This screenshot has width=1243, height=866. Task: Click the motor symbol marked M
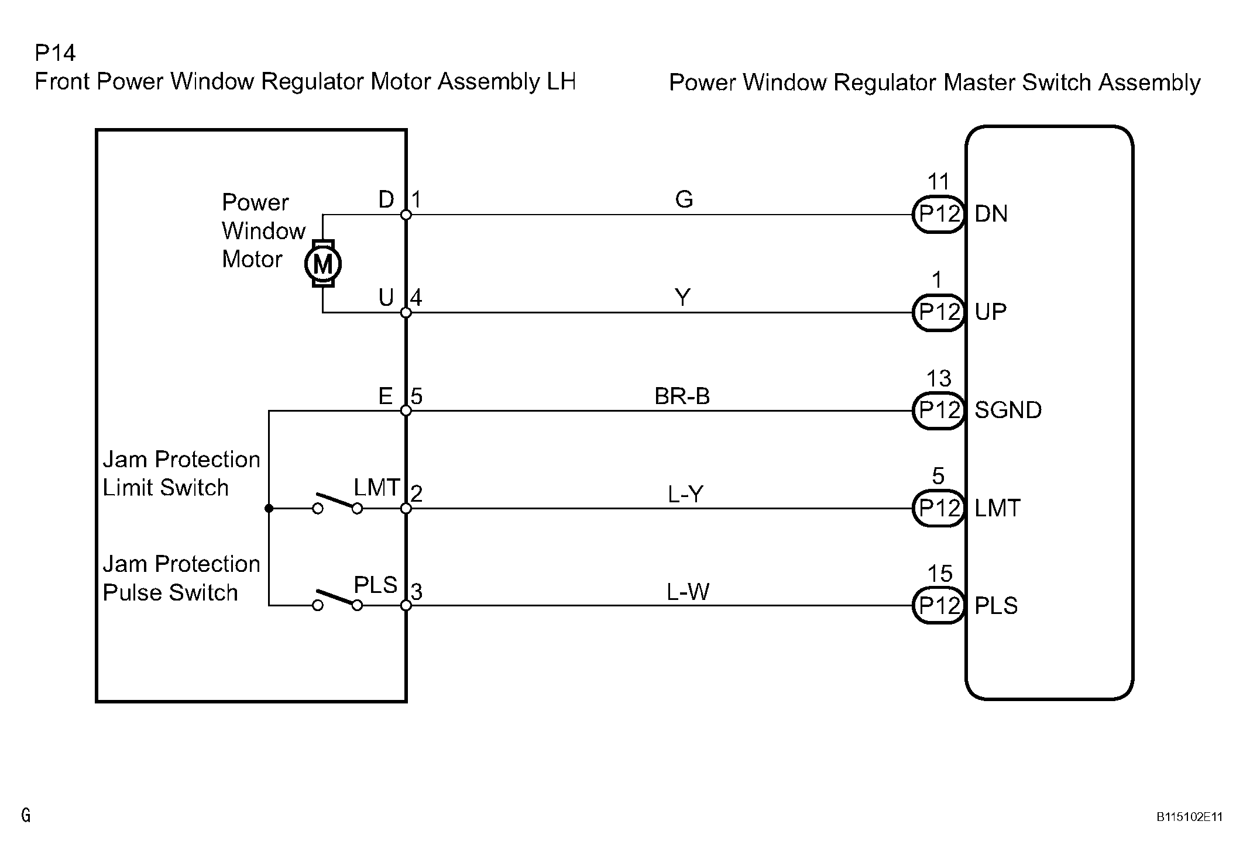tap(323, 264)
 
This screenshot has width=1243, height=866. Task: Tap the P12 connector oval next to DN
tap(939, 214)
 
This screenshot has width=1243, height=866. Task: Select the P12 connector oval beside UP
tap(939, 312)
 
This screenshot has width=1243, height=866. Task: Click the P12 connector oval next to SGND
tap(939, 410)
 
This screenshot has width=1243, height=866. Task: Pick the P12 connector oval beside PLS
tap(939, 606)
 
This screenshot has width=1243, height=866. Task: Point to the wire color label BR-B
tap(682, 396)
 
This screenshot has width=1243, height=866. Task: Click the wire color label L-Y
tap(685, 495)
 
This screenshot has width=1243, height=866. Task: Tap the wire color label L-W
tap(688, 592)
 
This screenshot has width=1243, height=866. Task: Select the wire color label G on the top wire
tap(684, 200)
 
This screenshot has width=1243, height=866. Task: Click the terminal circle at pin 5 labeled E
tap(406, 410)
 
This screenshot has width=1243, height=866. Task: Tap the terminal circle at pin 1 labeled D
tap(406, 215)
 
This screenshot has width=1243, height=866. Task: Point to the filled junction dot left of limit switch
tap(269, 509)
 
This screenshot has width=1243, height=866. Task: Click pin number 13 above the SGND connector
tap(939, 379)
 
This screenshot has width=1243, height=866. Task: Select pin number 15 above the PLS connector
tap(939, 574)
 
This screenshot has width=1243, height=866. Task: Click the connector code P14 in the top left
tap(56, 53)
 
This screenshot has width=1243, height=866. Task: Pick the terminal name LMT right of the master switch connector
tap(997, 508)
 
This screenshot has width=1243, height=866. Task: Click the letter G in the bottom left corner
tap(26, 815)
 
